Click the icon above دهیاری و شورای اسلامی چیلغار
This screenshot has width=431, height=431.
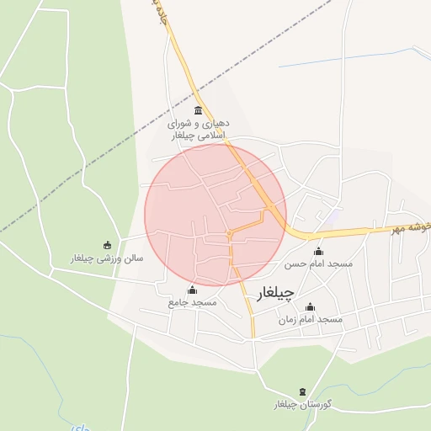198,111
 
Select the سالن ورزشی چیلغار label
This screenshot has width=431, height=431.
107,258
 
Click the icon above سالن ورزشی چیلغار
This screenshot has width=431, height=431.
107,245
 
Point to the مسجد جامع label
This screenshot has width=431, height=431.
193,301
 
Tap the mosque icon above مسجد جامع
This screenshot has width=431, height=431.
192,290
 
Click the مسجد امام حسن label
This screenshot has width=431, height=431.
317,264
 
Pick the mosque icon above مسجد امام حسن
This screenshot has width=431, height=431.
318,252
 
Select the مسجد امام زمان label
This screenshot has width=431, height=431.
310,320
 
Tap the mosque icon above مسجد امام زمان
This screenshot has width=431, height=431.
310,307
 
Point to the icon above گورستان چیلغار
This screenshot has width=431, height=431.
303,392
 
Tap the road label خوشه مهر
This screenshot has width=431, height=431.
412,226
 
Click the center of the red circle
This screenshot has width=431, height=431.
215,215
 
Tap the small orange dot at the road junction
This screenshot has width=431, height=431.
229,232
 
